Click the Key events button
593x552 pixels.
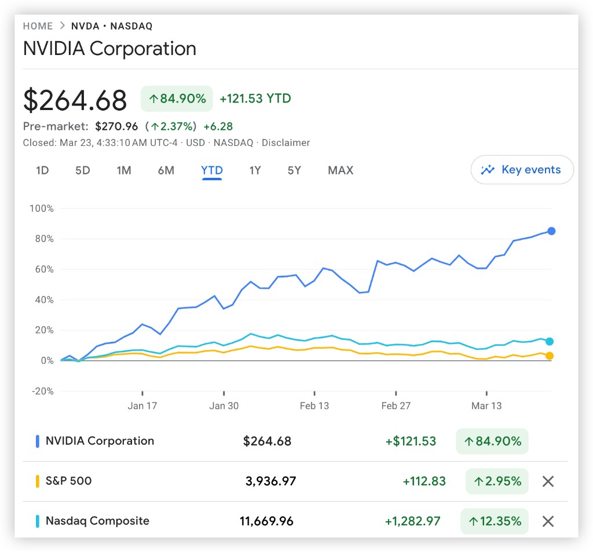coord(522,170)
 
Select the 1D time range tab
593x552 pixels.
coord(42,170)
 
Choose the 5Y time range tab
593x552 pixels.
coord(294,170)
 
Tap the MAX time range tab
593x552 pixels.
coord(341,170)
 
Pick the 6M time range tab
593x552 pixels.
coord(166,170)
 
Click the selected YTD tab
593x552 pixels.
coord(212,170)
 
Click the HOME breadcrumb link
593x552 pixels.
coord(38,26)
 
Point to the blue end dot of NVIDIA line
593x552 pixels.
coord(551,231)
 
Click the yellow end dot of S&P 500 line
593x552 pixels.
coord(549,356)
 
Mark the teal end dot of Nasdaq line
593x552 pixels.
coord(549,342)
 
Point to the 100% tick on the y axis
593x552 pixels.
coord(41,209)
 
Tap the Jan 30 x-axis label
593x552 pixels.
coord(224,405)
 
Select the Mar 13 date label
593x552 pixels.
coord(486,405)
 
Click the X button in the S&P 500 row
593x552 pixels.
coord(548,481)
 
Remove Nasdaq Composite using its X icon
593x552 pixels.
coord(548,521)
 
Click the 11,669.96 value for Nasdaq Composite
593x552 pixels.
coord(266,521)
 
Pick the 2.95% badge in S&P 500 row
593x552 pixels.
coord(497,481)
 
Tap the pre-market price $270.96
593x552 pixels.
coord(116,126)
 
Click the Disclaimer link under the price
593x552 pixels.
coord(285,142)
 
